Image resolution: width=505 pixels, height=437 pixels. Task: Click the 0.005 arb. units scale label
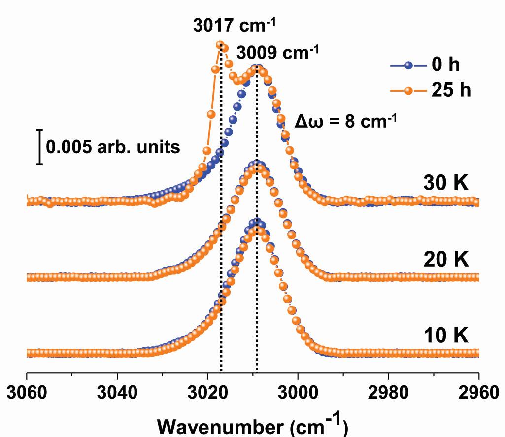tap(113, 146)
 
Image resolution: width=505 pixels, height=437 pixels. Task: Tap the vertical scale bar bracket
tap(40, 146)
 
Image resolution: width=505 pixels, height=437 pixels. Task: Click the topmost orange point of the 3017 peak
tap(220, 45)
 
